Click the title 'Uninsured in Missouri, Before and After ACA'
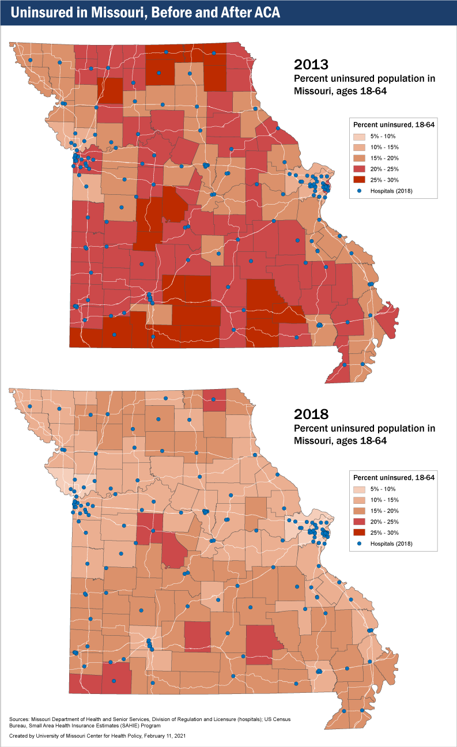point(145,13)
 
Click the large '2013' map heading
point(311,64)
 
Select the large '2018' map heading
point(311,414)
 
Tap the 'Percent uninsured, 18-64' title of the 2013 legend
point(393,124)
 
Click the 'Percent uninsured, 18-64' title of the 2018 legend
point(393,477)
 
